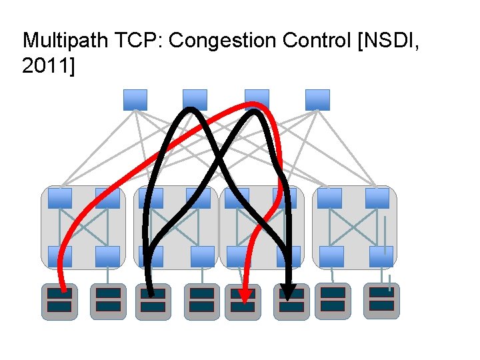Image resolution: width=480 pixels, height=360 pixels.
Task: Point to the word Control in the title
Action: [309, 41]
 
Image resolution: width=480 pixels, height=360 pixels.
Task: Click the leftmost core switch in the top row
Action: [135, 100]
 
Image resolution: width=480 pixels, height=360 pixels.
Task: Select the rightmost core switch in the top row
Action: [317, 100]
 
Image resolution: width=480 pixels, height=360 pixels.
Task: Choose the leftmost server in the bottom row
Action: [59, 301]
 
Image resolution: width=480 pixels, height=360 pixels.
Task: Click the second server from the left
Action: [108, 301]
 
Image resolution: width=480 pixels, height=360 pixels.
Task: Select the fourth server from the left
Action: [201, 301]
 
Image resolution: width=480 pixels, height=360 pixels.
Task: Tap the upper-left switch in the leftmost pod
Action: [60, 198]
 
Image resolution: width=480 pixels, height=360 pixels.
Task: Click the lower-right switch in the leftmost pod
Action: [108, 257]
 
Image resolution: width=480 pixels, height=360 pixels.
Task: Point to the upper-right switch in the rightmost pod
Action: [377, 198]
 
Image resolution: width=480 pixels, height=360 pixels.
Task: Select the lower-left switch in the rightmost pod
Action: [331, 257]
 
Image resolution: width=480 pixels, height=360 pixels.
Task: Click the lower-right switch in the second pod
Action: [202, 257]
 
